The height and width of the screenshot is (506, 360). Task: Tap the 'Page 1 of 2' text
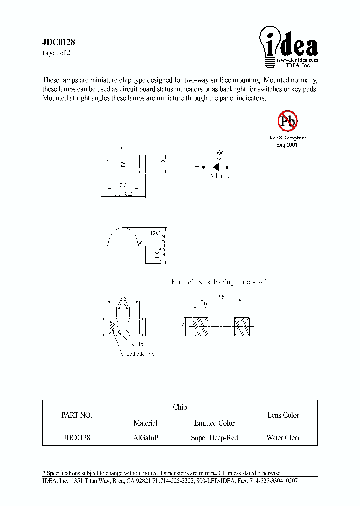56,53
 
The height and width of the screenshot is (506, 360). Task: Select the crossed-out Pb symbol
287,121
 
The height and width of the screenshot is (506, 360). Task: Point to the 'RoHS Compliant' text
287,137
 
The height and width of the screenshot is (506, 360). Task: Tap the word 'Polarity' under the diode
219,176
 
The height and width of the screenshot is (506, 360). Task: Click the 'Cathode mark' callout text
142,354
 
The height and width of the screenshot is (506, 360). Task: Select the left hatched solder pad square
200,326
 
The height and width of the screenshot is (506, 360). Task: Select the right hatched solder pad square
242,326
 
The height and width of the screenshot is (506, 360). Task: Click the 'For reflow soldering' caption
219,282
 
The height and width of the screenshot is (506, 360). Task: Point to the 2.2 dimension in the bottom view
123,298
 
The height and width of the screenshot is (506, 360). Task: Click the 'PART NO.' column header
76,415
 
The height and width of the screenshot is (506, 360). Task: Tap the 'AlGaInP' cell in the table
145,438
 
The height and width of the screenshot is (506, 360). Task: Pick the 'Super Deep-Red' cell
214,438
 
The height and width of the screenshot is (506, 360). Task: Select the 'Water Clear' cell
283,438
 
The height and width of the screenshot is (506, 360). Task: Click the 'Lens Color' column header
283,415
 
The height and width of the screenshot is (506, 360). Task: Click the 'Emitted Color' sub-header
214,423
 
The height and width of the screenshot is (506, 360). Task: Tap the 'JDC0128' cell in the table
76,438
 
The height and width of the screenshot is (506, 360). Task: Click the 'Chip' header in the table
180,407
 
